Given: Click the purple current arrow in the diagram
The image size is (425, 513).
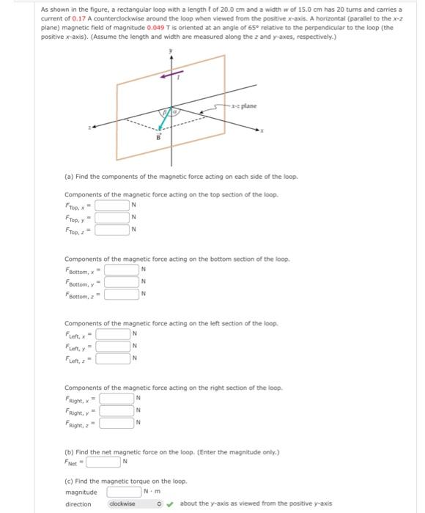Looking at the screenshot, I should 171,75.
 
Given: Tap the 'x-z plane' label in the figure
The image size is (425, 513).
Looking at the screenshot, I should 245,106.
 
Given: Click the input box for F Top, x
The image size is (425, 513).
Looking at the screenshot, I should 111,205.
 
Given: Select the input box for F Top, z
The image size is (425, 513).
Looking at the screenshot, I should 111,231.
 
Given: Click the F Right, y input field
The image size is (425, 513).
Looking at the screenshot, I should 117,410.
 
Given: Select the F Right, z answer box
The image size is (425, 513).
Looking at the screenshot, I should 117,423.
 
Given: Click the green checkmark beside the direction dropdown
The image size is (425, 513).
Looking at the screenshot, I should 171,503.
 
